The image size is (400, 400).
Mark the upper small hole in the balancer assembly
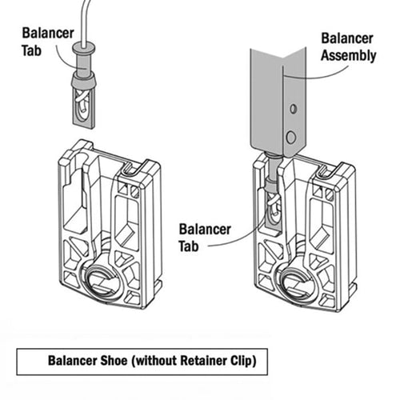coord(294,107)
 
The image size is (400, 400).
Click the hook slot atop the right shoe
coord(326,170)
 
